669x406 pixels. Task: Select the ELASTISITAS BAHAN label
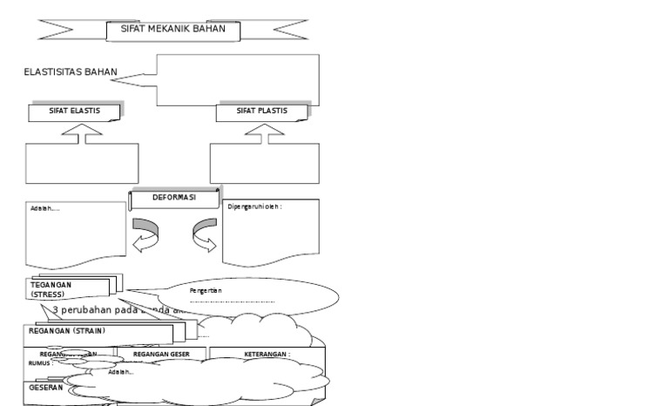click(x=70, y=72)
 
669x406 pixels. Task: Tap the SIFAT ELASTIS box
click(x=74, y=112)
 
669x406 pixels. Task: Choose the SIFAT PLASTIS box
click(x=261, y=112)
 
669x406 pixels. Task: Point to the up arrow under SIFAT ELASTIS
click(x=81, y=131)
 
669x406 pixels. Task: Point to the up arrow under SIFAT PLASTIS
click(x=264, y=131)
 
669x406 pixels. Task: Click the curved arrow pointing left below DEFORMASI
click(x=145, y=236)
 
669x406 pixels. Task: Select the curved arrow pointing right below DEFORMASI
click(x=204, y=236)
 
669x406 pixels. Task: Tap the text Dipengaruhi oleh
click(x=254, y=207)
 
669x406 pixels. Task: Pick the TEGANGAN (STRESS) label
click(x=52, y=289)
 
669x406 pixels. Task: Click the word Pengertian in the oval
click(x=206, y=290)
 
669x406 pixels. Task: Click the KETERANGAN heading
click(x=267, y=355)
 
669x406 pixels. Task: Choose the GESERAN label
click(x=46, y=387)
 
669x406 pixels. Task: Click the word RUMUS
click(x=39, y=363)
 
